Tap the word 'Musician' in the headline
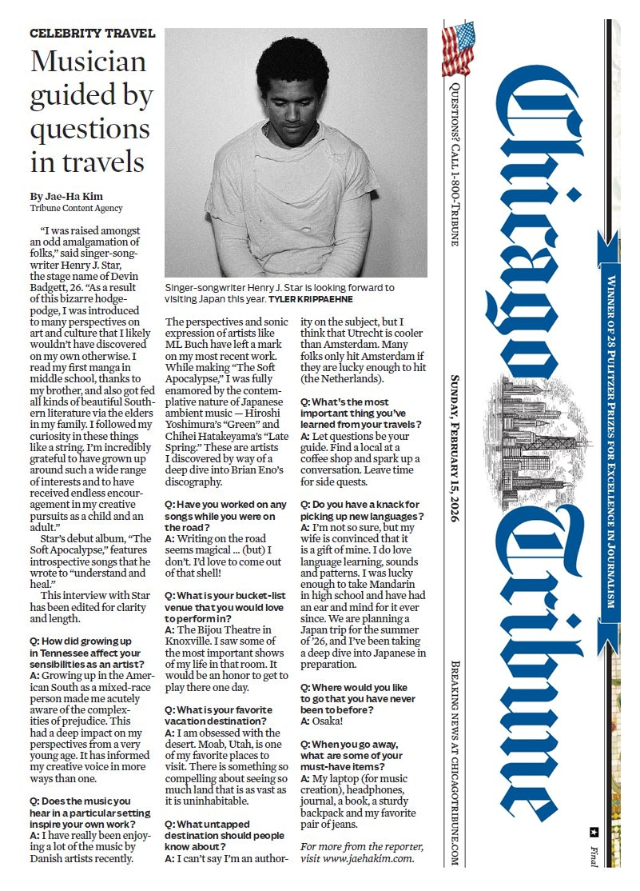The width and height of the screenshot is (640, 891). tap(88, 62)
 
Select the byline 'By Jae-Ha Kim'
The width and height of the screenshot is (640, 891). tap(66, 196)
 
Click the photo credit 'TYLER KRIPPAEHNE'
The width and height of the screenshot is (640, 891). tap(316, 299)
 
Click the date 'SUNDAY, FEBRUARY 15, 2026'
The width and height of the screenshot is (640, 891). tap(454, 449)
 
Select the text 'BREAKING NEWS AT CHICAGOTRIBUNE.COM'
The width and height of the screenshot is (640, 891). tap(454, 764)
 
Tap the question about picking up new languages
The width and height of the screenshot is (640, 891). tap(362, 510)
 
